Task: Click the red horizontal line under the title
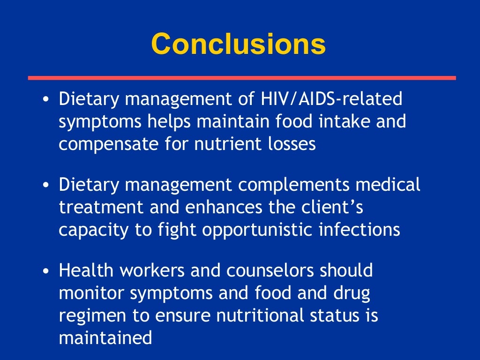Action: (241, 78)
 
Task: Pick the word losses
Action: (292, 144)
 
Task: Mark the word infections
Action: (360, 229)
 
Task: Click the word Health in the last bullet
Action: (84, 270)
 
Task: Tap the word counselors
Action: (268, 270)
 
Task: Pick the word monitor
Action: (91, 293)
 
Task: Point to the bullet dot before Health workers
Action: (45, 271)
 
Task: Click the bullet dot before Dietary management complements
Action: (45, 186)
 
